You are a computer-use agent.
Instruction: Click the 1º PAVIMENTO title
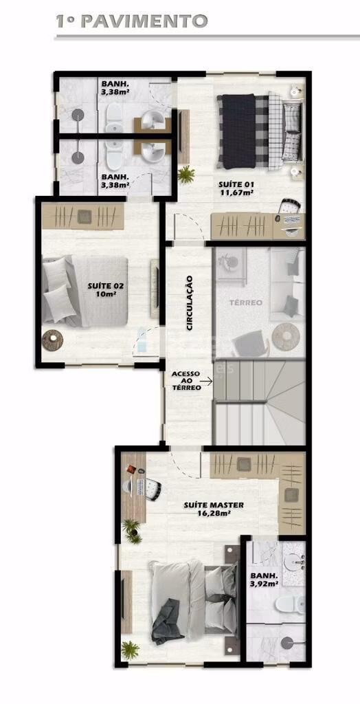131,21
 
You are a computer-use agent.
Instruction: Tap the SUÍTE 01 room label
236,184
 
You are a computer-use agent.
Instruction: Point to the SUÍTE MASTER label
214,505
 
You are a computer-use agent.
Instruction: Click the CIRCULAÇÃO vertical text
190,303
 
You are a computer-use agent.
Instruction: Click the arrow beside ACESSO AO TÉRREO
207,382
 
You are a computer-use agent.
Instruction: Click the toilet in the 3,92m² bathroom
289,604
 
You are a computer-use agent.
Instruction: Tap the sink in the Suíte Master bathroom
295,561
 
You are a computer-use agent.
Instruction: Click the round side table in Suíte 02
52,340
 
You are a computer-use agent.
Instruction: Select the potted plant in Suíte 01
185,174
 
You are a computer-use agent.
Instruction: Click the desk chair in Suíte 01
289,206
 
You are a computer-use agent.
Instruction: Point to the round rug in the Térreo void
286,337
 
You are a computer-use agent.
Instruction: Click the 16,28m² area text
214,513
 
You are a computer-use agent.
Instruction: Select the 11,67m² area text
236,192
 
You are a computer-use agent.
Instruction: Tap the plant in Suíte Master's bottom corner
130,650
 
